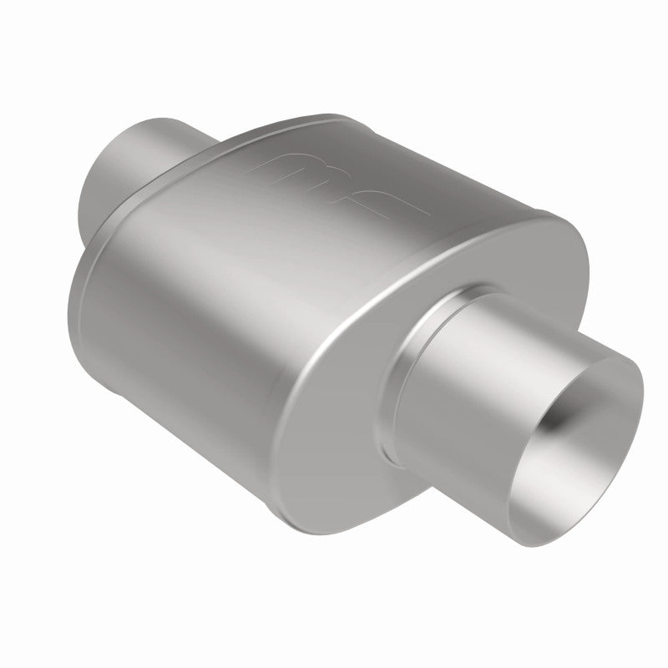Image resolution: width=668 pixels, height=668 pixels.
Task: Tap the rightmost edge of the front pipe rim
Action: coord(644,392)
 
